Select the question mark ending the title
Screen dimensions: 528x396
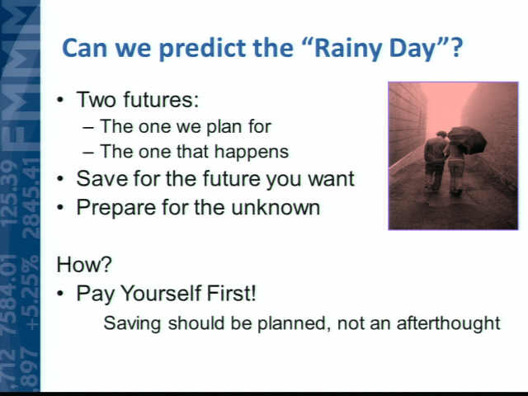click(x=457, y=47)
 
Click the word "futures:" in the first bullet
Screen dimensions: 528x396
click(x=161, y=99)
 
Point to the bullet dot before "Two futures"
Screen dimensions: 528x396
click(x=60, y=100)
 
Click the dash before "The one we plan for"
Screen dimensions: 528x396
click(x=87, y=128)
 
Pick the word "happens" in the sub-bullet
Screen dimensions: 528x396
click(x=252, y=152)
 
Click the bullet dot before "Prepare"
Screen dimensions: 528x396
click(x=60, y=207)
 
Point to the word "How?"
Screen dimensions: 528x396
click(x=84, y=264)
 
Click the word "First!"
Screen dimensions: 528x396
click(x=231, y=293)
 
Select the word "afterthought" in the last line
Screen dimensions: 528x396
click(x=449, y=323)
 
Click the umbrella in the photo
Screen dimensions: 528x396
click(x=467, y=139)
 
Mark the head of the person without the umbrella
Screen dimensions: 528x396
click(x=441, y=135)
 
